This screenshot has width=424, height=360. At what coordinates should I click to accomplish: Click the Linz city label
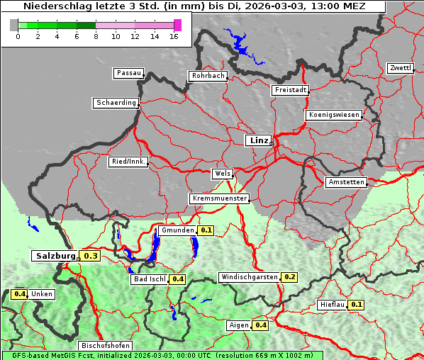click(x=258, y=140)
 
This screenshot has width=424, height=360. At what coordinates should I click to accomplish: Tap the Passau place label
click(x=128, y=73)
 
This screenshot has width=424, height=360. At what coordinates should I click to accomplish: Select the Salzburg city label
click(x=55, y=256)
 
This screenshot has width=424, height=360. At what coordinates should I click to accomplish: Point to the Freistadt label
click(x=289, y=90)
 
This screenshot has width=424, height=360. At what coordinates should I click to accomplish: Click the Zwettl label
click(x=400, y=68)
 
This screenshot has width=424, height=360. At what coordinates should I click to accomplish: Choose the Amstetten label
click(x=345, y=182)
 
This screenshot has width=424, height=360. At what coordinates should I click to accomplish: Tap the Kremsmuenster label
click(x=219, y=198)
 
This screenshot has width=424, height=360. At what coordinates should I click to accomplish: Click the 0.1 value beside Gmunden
click(x=206, y=230)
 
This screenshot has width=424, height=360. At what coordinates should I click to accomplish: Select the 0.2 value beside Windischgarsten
click(x=289, y=276)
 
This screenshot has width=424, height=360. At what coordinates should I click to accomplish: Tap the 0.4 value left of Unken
click(x=19, y=294)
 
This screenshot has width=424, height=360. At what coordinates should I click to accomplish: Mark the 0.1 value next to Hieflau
click(x=357, y=305)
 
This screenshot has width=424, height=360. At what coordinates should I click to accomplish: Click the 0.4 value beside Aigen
click(x=260, y=325)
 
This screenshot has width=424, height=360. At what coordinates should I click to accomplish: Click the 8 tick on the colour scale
click(x=96, y=36)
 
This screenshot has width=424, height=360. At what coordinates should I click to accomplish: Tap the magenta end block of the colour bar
click(x=177, y=25)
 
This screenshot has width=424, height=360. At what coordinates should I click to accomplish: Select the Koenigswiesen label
click(x=334, y=115)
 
